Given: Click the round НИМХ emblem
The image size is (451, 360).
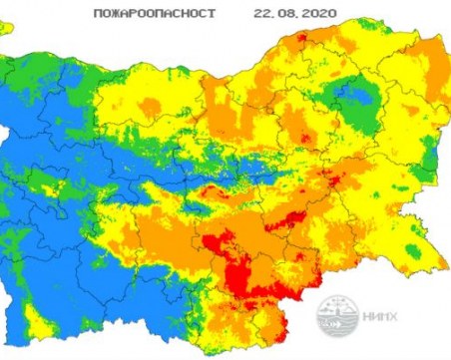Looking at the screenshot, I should [336, 318].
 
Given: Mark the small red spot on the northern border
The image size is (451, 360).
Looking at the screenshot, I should [301, 40].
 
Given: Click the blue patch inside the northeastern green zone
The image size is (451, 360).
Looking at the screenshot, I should [351, 98].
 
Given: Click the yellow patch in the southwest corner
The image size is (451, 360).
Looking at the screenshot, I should [38, 321].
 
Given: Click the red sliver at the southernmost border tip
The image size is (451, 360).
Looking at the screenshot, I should [292, 321].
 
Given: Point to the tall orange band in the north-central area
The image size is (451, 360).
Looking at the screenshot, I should [222, 110].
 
